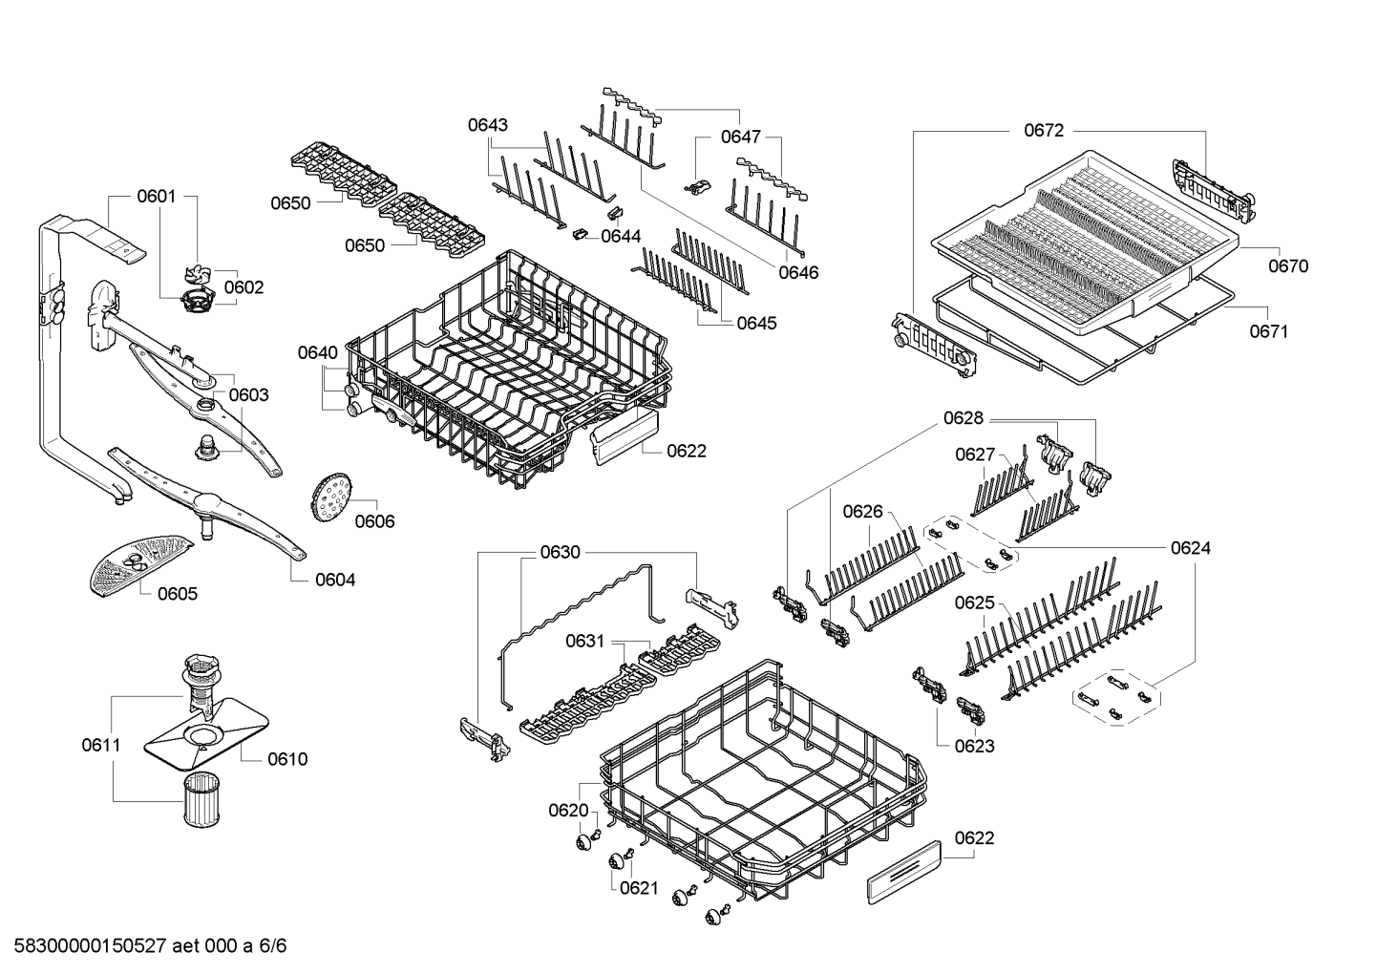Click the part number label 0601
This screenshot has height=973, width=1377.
tap(156, 197)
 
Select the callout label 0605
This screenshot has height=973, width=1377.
tap(178, 594)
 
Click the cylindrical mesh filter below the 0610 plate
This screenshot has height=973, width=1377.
tap(202, 802)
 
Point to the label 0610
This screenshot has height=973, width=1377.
tap(287, 759)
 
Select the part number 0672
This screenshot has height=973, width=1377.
tap(1043, 131)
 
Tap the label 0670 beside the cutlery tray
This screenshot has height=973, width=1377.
tap(1288, 266)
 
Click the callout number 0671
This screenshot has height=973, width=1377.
tap(1269, 331)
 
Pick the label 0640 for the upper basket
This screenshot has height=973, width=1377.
tap(317, 352)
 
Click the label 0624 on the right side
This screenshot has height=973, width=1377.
tap(1191, 548)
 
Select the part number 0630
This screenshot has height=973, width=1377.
tap(560, 552)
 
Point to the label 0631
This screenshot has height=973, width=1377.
tap(584, 641)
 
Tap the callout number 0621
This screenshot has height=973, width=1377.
tap(639, 888)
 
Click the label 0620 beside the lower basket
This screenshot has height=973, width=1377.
tap(568, 811)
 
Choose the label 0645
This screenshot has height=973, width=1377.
tap(756, 323)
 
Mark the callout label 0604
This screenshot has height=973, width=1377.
tap(335, 580)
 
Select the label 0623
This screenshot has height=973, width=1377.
tap(974, 746)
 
